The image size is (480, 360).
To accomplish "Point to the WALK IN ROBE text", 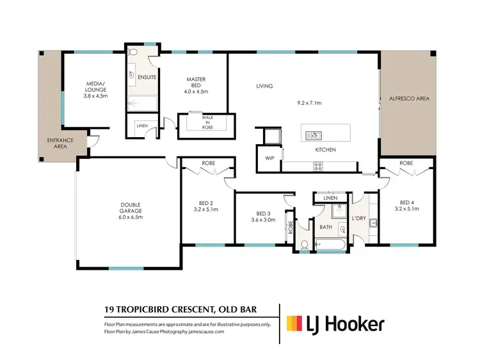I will (207, 122).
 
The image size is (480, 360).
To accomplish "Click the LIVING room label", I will (264, 86).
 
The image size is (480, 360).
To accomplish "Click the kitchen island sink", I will (314, 135).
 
